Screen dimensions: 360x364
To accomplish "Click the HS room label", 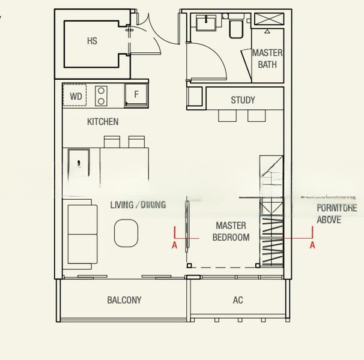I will click(92, 41).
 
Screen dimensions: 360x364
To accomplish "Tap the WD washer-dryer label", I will click(76, 96).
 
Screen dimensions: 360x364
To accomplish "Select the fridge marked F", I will click(136, 95).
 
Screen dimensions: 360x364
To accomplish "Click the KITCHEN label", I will click(103, 122).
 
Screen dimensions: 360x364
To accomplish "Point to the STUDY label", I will click(243, 100).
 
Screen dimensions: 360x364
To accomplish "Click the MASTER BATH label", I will click(267, 59).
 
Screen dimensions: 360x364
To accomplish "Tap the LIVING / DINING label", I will click(138, 205).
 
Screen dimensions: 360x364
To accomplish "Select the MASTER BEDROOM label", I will click(231, 232).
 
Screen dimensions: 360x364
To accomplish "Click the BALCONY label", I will click(124, 300).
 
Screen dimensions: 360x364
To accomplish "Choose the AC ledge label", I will click(238, 300).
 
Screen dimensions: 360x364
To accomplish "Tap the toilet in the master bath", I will click(235, 28).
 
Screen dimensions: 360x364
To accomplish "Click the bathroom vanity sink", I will click(206, 24).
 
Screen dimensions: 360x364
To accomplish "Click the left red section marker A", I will click(174, 245).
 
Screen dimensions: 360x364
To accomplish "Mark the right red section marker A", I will click(312, 245).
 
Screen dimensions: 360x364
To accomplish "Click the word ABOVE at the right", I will click(329, 220).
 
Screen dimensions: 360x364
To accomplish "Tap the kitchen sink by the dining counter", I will click(79, 162).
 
